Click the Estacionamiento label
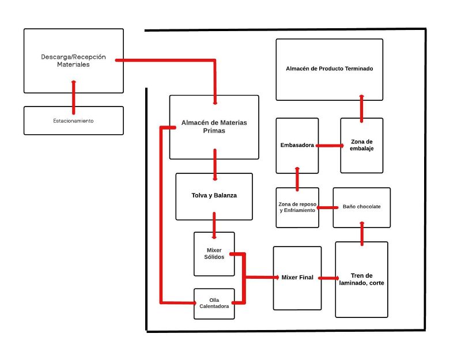coord(73,121)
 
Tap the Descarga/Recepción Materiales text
coord(73,60)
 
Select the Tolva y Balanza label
coord(214,195)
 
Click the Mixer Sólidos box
coord(214,254)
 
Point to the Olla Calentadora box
coord(214,304)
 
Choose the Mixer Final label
coord(297,277)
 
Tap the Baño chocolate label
coord(362,207)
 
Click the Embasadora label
coord(297,145)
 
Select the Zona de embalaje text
coord(362,145)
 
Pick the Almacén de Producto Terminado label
coord(329,69)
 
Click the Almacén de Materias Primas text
coord(214,127)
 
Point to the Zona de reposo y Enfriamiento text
coord(297,207)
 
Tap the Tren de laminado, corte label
coord(361,279)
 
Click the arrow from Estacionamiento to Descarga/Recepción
coord(74,97)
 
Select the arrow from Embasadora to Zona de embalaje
coord(330,146)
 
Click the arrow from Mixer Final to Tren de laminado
coord(328,278)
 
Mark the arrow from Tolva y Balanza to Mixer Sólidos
coord(214,226)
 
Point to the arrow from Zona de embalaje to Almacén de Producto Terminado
coord(362,108)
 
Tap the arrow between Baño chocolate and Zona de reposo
coord(327,207)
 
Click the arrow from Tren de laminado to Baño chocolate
coord(362,234)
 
